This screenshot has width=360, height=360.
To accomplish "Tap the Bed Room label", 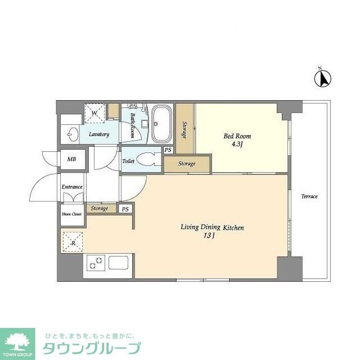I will (x=237, y=136).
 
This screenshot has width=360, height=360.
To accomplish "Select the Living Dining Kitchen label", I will (x=212, y=227).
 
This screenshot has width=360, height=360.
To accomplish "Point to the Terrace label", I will (x=309, y=196).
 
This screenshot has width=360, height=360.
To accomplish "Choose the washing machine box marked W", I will (x=94, y=112).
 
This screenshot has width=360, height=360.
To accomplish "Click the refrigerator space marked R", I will (x=71, y=242).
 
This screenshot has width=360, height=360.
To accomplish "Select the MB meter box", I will (x=72, y=159).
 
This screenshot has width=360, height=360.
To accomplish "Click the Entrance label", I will (x=72, y=187).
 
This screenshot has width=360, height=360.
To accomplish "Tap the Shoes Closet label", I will (x=71, y=214).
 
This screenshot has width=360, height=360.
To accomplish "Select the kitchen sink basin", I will (x=119, y=263).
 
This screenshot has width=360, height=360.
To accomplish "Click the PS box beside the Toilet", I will (x=168, y=150).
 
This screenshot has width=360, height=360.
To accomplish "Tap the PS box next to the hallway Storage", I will (x=125, y=209).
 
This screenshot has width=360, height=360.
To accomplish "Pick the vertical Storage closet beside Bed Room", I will (x=184, y=128).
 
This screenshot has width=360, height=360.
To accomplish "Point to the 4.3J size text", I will (x=237, y=145).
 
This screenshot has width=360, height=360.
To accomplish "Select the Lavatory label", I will (x=99, y=134).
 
